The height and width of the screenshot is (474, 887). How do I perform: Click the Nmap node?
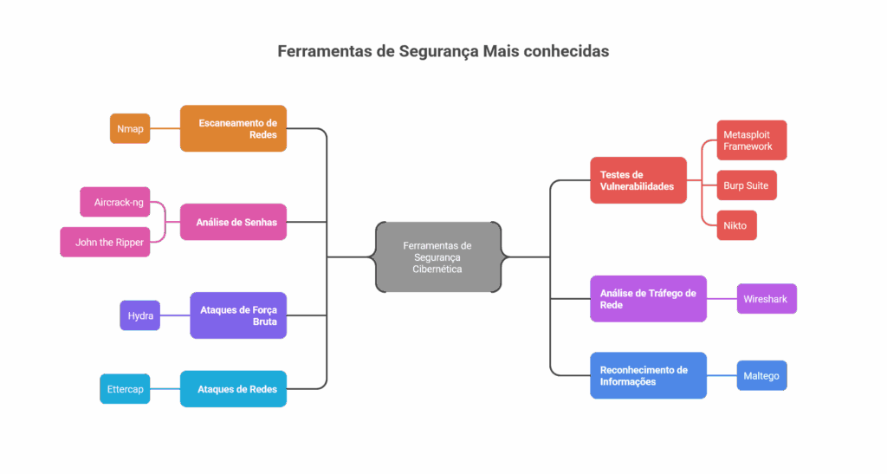point(130,129)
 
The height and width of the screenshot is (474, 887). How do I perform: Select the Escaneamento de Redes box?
point(233,129)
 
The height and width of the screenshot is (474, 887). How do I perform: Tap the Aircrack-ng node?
point(113,202)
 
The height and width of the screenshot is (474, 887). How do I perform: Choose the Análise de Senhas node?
point(233,222)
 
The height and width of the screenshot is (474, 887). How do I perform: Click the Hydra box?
point(139,315)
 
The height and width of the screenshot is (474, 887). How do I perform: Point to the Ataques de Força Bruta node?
point(238,315)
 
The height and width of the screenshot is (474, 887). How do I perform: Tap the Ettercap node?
point(125,389)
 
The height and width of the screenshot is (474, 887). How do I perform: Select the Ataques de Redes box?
point(233,389)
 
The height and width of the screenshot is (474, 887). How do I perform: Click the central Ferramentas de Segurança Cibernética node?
point(437,256)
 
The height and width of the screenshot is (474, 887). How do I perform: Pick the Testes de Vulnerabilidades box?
point(638,180)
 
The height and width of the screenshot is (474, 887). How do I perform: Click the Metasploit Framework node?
point(752,140)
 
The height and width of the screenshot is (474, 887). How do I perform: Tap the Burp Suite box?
point(746,185)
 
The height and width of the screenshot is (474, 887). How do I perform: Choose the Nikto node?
point(736,225)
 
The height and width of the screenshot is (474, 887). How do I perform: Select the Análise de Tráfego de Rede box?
point(648,299)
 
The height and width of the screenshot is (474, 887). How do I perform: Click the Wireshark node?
point(766,299)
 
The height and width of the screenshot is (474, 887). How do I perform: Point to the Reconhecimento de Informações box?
point(648,375)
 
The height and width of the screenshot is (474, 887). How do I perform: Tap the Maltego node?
point(761,375)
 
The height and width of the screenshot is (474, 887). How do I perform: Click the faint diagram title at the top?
point(443,52)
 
